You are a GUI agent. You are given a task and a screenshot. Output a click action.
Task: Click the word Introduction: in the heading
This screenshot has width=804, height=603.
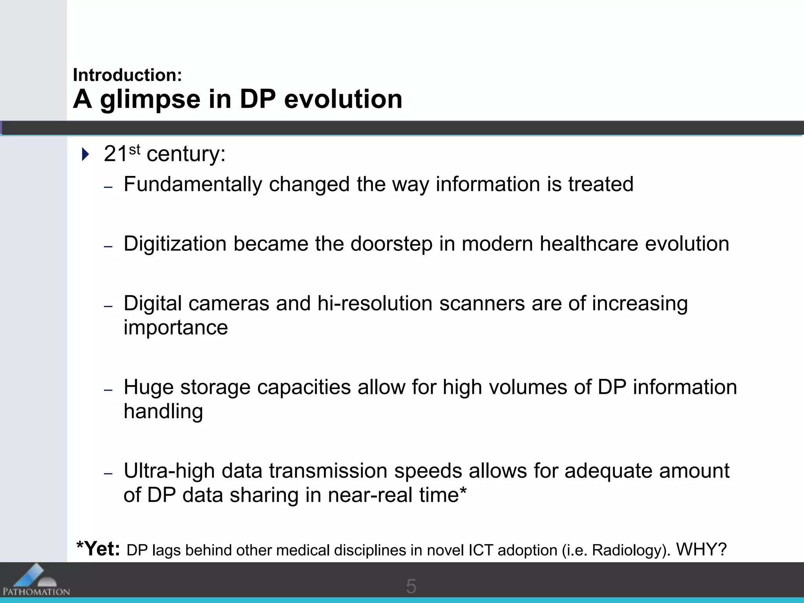pyautogui.click(x=127, y=75)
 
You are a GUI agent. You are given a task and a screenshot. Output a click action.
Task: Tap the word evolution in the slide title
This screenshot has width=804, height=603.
pyautogui.click(x=343, y=99)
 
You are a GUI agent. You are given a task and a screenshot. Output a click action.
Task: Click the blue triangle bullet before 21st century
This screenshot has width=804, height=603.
pyautogui.click(x=85, y=154)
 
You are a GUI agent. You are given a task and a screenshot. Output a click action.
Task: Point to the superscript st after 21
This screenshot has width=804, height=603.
pyautogui.click(x=134, y=150)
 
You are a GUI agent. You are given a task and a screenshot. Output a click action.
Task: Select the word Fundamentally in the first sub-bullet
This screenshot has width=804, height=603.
pyautogui.click(x=192, y=185)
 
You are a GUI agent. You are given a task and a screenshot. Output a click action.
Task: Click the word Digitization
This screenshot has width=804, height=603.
pyautogui.click(x=175, y=244)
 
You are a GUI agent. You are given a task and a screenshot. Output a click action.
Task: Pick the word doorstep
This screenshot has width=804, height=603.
pyautogui.click(x=391, y=244)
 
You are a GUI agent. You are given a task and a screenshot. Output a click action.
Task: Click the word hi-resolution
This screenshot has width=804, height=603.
pyautogui.click(x=375, y=304)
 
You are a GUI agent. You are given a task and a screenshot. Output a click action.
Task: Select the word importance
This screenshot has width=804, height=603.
pyautogui.click(x=175, y=328)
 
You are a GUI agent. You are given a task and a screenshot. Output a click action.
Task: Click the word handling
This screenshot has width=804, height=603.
pyautogui.click(x=163, y=412)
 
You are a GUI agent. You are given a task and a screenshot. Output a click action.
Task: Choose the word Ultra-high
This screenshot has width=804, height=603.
pyautogui.click(x=169, y=471)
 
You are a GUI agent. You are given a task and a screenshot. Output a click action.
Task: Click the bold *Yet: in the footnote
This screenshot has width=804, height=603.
pyautogui.click(x=98, y=549)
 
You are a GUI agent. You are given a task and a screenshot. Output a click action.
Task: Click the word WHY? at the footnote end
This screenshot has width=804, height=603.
pyautogui.click(x=701, y=550)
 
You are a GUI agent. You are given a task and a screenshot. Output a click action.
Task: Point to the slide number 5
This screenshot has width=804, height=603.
pyautogui.click(x=411, y=587)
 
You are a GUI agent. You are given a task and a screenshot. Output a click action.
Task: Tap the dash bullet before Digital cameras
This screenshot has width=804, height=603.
pyautogui.click(x=108, y=306)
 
